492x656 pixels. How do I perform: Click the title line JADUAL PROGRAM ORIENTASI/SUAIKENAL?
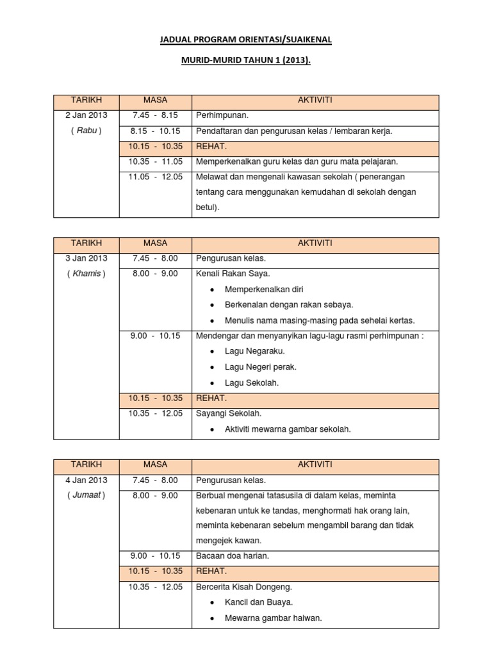(x=245, y=40)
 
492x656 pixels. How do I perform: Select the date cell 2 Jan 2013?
(x=86, y=115)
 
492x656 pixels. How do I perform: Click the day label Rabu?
(x=86, y=131)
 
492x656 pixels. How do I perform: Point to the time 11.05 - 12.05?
(x=155, y=177)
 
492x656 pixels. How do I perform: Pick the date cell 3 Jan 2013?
(x=86, y=258)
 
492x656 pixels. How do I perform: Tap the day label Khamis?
(x=86, y=274)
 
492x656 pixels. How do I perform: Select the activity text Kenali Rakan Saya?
(x=228, y=274)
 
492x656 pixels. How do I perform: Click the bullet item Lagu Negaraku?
(x=255, y=351)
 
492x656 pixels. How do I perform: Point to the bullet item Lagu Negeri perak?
(x=261, y=367)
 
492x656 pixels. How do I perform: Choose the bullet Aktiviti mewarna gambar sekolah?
(x=288, y=429)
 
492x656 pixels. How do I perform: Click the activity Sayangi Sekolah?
(x=229, y=413)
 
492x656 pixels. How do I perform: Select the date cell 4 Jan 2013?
(x=86, y=480)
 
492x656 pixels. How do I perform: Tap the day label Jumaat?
(x=86, y=495)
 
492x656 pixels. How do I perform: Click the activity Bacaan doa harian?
(x=233, y=556)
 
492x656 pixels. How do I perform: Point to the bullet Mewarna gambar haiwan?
(x=273, y=618)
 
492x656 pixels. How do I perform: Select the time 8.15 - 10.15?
(x=155, y=131)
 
